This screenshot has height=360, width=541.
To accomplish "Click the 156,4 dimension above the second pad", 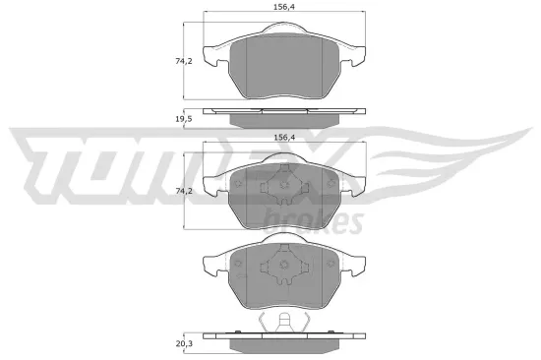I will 281,138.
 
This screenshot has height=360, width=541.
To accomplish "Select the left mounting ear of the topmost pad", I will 211,54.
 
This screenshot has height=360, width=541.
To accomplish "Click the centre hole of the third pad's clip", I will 282,266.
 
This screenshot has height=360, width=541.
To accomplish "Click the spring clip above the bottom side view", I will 282,322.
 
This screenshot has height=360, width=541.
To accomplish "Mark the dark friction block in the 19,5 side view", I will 281,120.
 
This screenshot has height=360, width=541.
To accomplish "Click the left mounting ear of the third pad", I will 211,264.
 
